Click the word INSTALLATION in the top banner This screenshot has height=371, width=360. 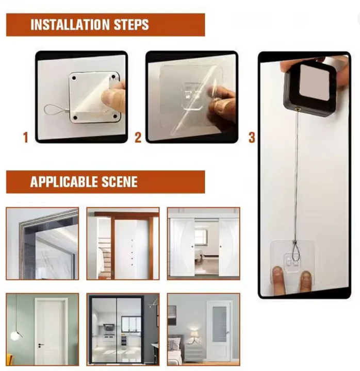(70, 25)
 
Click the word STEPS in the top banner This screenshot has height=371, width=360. (131, 25)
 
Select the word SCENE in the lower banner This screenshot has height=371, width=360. (120, 182)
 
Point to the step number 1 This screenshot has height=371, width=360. (26, 137)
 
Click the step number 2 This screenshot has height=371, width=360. (138, 137)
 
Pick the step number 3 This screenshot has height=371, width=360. (252, 137)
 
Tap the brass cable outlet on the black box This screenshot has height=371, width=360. (297, 109)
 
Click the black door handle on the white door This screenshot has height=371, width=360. (40, 345)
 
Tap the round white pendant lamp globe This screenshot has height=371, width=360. (14, 336)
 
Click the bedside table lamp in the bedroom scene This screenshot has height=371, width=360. (194, 336)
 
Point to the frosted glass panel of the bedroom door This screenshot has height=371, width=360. (219, 324)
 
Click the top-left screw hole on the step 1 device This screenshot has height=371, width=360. (74, 78)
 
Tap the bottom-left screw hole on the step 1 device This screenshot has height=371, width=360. (75, 117)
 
